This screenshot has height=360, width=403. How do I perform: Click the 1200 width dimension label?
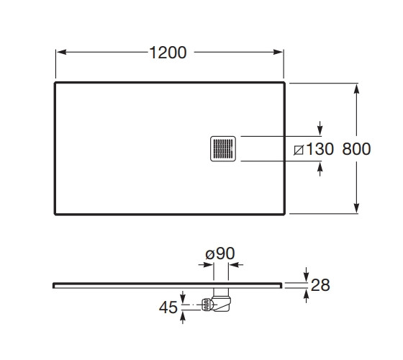tap(168, 53)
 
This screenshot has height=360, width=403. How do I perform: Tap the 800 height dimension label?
tap(356, 149)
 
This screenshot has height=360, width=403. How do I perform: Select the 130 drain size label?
tap(320, 149)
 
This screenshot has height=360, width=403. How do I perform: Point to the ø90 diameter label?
tap(220, 253)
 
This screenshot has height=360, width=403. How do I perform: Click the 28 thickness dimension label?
tap(320, 285)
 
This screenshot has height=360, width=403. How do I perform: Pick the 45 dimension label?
tap(168, 307)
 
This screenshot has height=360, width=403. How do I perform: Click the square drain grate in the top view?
tap(223, 149)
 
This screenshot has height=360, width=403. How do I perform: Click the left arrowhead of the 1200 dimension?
tap(62, 52)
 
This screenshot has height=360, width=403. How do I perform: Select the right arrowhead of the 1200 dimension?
tap(278, 52)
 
